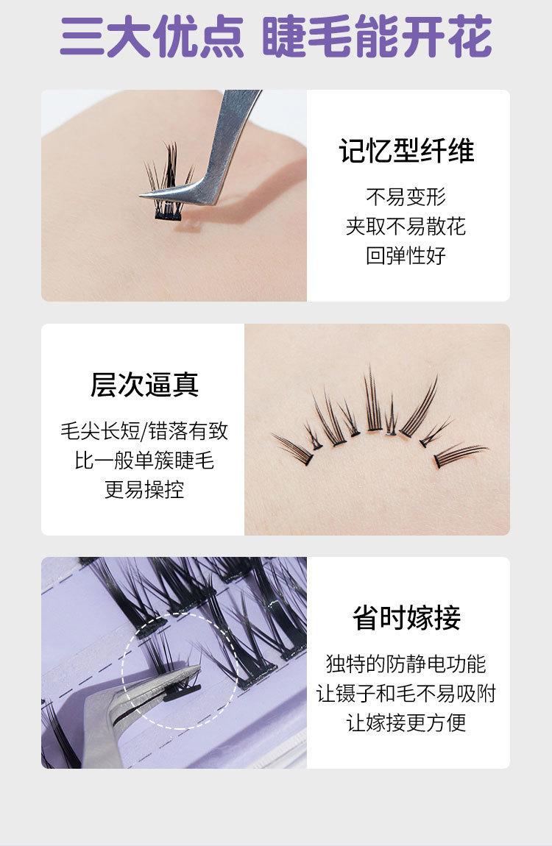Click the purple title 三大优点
(152, 38)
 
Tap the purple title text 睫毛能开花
(377, 38)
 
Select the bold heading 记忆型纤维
(407, 151)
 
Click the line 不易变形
(406, 197)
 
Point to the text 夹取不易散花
(406, 226)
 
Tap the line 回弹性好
(406, 255)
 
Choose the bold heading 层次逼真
(144, 385)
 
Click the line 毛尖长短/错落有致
(144, 431)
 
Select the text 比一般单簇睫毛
(144, 461)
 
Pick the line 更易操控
(144, 489)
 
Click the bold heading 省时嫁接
(407, 618)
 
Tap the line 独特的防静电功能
(406, 664)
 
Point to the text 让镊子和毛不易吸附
(406, 693)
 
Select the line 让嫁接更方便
(406, 722)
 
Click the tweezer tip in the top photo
(141, 196)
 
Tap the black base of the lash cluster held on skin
(169, 215)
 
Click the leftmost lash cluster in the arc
(294, 449)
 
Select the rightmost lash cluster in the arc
(460, 455)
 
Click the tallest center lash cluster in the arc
(373, 399)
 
